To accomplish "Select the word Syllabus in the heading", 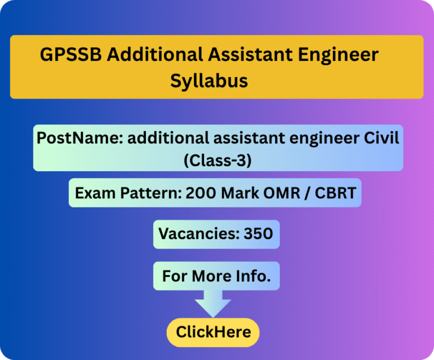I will [x=209, y=80].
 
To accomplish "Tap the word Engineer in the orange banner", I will [x=337, y=55].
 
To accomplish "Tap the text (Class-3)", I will [x=218, y=160].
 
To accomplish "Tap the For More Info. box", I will [x=216, y=276].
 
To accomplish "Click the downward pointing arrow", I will [x=213, y=303].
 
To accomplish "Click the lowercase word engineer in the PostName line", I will [x=320, y=138].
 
